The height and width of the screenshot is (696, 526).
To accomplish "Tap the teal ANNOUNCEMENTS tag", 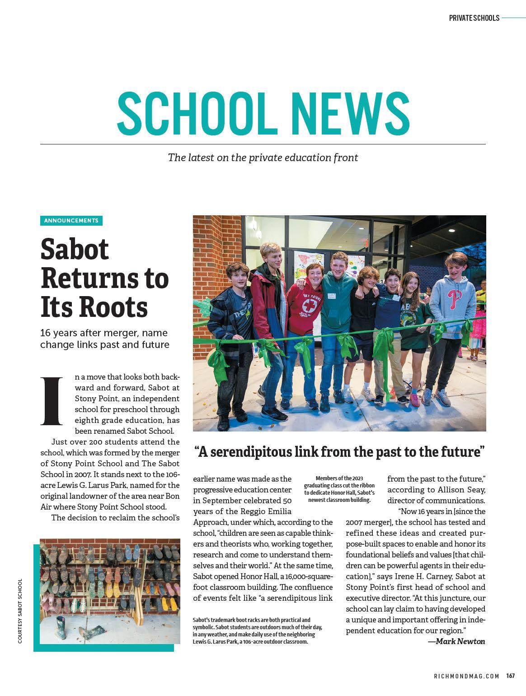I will (71, 221).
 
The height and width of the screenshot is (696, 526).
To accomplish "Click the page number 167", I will (511, 676).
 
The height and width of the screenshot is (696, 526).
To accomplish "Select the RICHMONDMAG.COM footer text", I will (466, 676).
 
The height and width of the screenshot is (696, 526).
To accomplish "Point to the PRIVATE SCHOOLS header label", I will (474, 18).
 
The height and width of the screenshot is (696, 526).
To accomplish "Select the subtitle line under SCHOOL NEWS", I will (263, 158).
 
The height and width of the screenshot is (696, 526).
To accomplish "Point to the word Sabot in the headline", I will (75, 248).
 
